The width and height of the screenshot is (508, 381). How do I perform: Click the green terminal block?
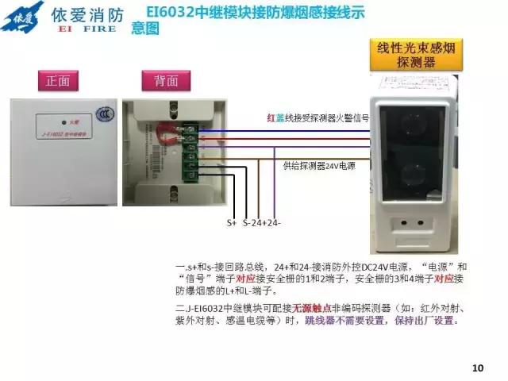click(190, 156)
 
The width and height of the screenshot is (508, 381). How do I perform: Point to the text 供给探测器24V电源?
click(321, 166)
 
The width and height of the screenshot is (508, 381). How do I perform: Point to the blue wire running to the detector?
click(317, 131)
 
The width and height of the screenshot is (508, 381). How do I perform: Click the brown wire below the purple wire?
click(317, 156)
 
